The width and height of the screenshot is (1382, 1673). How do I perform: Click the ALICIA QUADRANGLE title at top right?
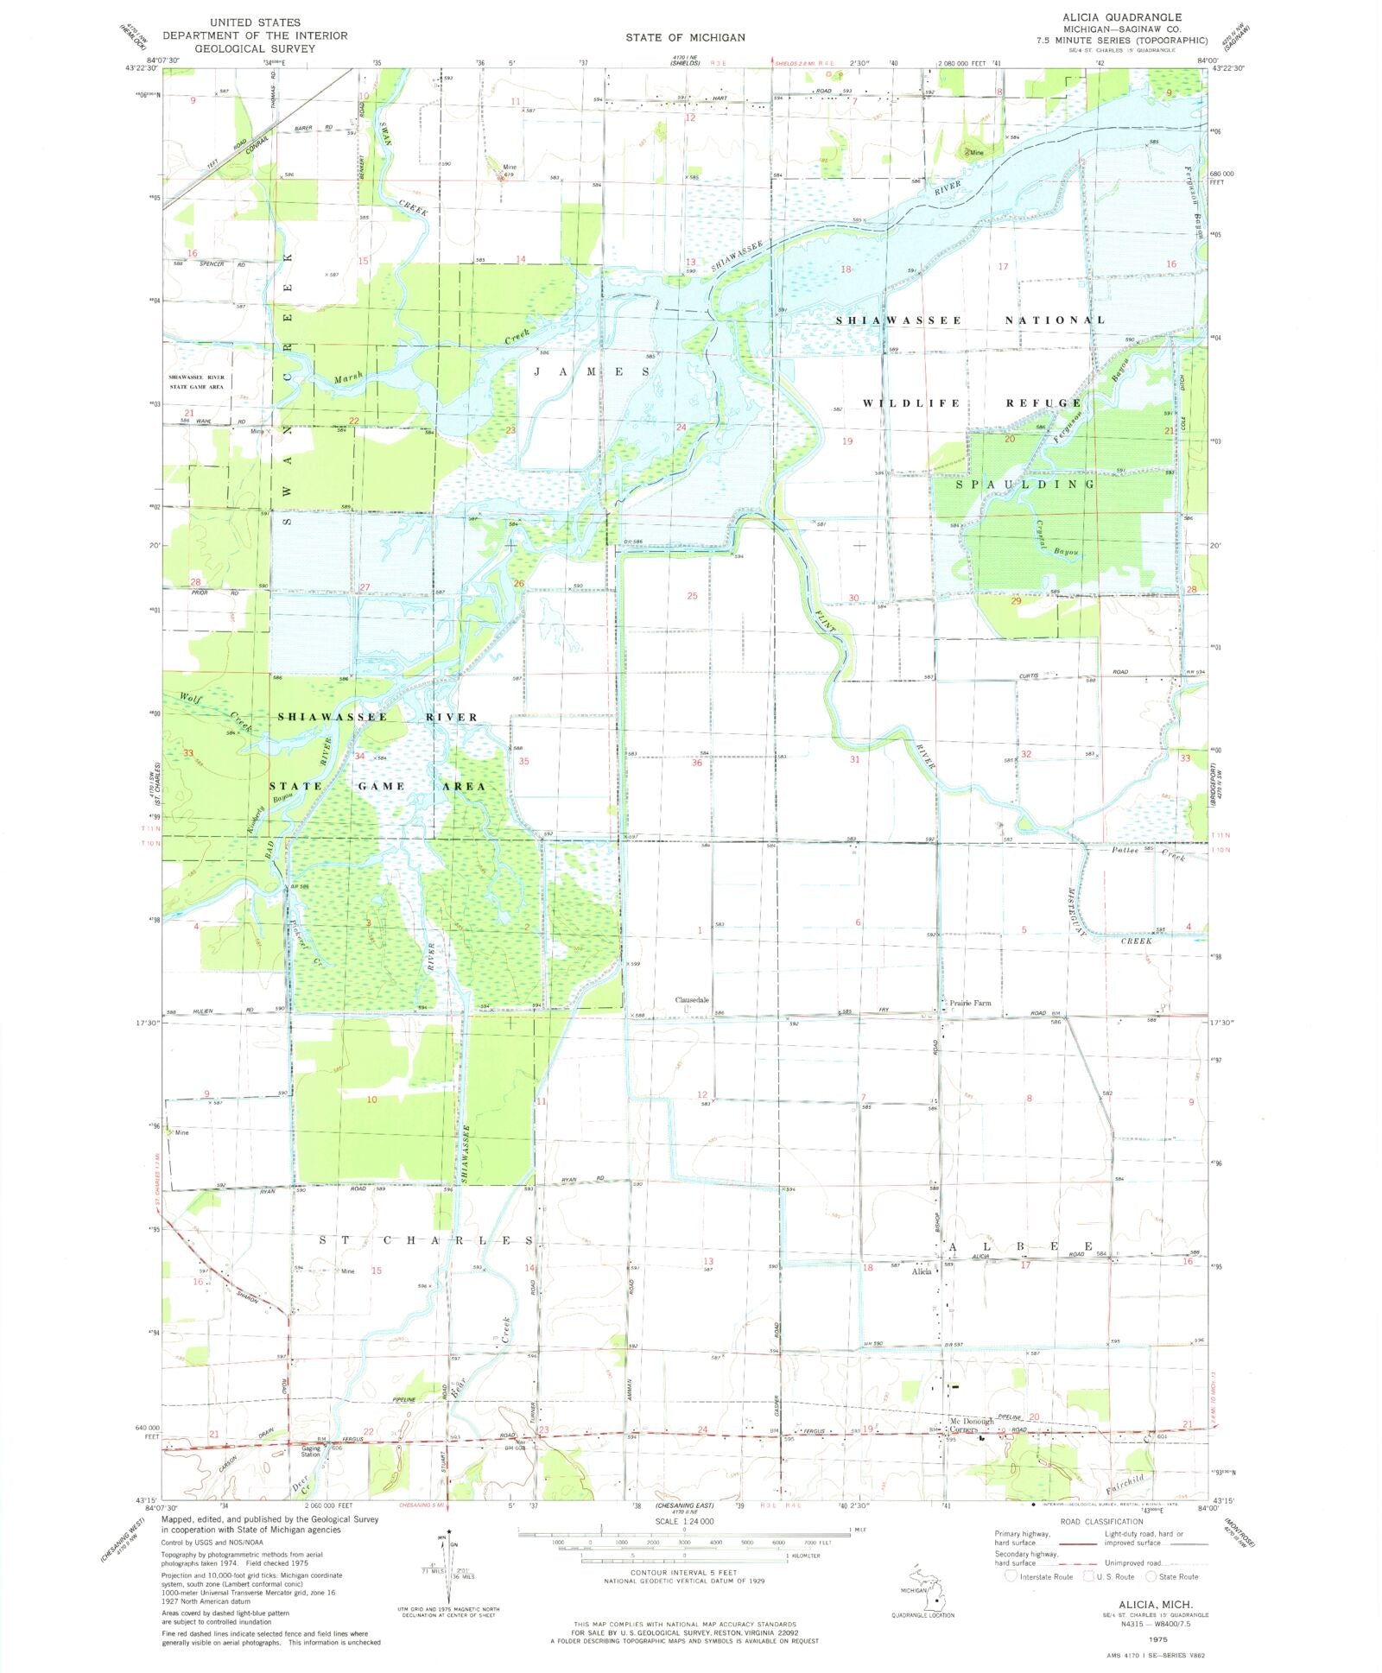click(1122, 17)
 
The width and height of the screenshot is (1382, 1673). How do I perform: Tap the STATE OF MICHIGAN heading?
click(685, 37)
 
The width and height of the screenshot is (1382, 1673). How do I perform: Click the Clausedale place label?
click(692, 1000)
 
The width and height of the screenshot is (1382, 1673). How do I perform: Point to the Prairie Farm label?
click(970, 1003)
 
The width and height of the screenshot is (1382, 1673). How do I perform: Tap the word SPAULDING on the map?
click(1024, 485)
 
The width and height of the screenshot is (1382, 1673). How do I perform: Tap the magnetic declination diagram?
click(448, 1568)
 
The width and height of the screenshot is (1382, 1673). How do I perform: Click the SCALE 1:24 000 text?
click(684, 1521)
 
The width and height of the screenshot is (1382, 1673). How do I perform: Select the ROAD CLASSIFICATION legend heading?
click(1101, 1522)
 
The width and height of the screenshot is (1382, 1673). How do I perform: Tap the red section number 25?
click(692, 596)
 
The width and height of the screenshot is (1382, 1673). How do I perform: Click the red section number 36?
click(696, 763)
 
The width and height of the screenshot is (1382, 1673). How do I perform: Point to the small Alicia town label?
click(922, 1271)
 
